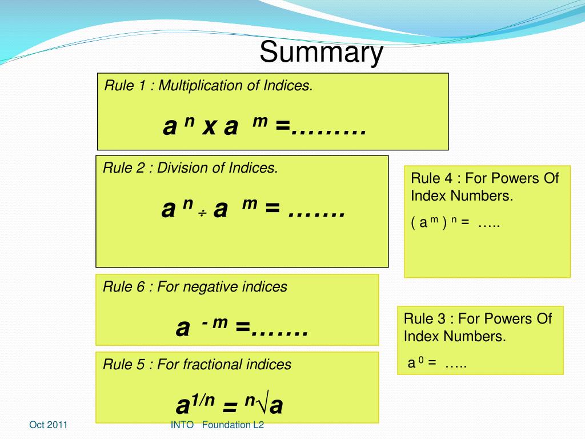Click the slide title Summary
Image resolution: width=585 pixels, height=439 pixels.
pos(321,53)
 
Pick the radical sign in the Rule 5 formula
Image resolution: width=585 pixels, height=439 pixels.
pos(262,405)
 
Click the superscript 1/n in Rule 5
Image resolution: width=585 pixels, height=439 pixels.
pos(202,400)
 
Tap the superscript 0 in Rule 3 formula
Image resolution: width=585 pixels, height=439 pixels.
pos(419,360)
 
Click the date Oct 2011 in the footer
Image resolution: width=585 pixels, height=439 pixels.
pos(49,425)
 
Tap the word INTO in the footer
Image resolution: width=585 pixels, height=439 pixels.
pos(182,425)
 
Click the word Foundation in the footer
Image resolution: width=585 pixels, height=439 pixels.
pos(226,425)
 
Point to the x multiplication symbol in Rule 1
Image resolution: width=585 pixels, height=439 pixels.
pos(209,128)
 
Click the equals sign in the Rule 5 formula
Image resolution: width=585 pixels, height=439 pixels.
pos(230,407)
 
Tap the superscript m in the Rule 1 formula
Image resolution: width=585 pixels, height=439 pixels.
pos(260,122)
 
